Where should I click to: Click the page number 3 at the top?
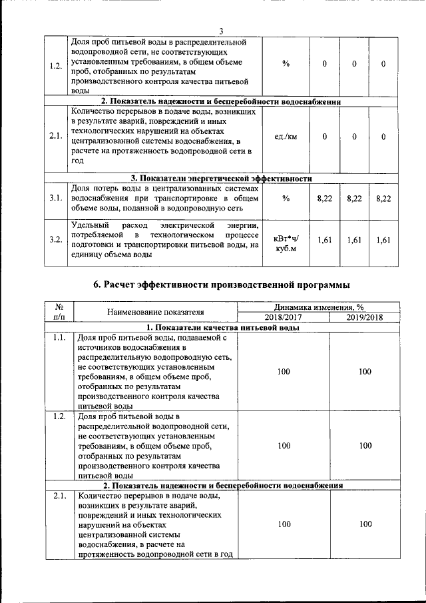[x=222, y=29]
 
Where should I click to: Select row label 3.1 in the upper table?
[x=56, y=198]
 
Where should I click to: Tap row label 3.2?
[x=56, y=240]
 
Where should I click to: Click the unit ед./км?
[x=286, y=137]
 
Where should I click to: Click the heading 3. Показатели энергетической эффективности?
[x=221, y=178]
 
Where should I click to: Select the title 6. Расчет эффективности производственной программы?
[x=221, y=285]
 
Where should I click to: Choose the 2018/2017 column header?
[x=284, y=317]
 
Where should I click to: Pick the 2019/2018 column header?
[x=364, y=317]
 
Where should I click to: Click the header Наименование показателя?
[x=155, y=312]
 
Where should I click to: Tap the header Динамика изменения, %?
[x=324, y=307]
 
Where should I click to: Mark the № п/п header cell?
[x=59, y=312]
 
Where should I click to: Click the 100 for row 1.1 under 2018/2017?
[x=284, y=372]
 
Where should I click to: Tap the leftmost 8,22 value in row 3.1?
[x=324, y=199]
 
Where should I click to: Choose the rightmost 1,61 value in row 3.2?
[x=382, y=240]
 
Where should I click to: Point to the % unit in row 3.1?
[x=286, y=199]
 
